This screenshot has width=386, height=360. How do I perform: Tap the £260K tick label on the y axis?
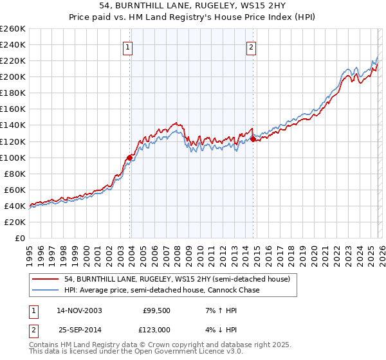click(x=13, y=29)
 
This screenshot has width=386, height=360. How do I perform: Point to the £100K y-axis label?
click(x=13, y=157)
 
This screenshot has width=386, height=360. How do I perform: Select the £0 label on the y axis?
click(x=20, y=238)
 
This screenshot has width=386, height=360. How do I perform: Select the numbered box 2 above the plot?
click(x=251, y=46)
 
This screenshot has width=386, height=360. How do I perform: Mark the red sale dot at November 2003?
click(x=130, y=157)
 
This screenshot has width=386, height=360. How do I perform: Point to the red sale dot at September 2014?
click(x=253, y=139)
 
